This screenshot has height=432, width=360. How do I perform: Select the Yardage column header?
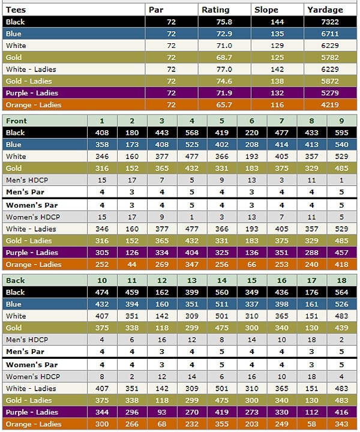(325, 10)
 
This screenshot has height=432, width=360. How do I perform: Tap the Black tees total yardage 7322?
(330, 22)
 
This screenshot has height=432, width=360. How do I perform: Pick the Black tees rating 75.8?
(224, 22)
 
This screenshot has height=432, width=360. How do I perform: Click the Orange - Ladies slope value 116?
(277, 105)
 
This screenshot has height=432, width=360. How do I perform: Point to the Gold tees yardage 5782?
(330, 58)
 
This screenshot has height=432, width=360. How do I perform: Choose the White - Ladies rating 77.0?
(224, 70)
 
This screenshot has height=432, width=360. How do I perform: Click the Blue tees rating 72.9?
(224, 34)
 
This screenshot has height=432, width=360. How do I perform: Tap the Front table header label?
(16, 121)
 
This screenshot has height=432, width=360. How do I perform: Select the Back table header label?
(16, 280)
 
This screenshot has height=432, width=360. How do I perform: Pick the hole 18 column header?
(342, 280)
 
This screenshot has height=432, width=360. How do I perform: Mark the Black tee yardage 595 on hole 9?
(342, 133)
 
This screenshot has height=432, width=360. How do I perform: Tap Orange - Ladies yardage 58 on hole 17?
(312, 424)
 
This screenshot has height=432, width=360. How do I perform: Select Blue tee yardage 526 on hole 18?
(342, 304)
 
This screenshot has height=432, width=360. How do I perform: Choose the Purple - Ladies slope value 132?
(277, 93)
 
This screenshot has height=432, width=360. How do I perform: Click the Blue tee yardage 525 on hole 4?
(192, 145)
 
